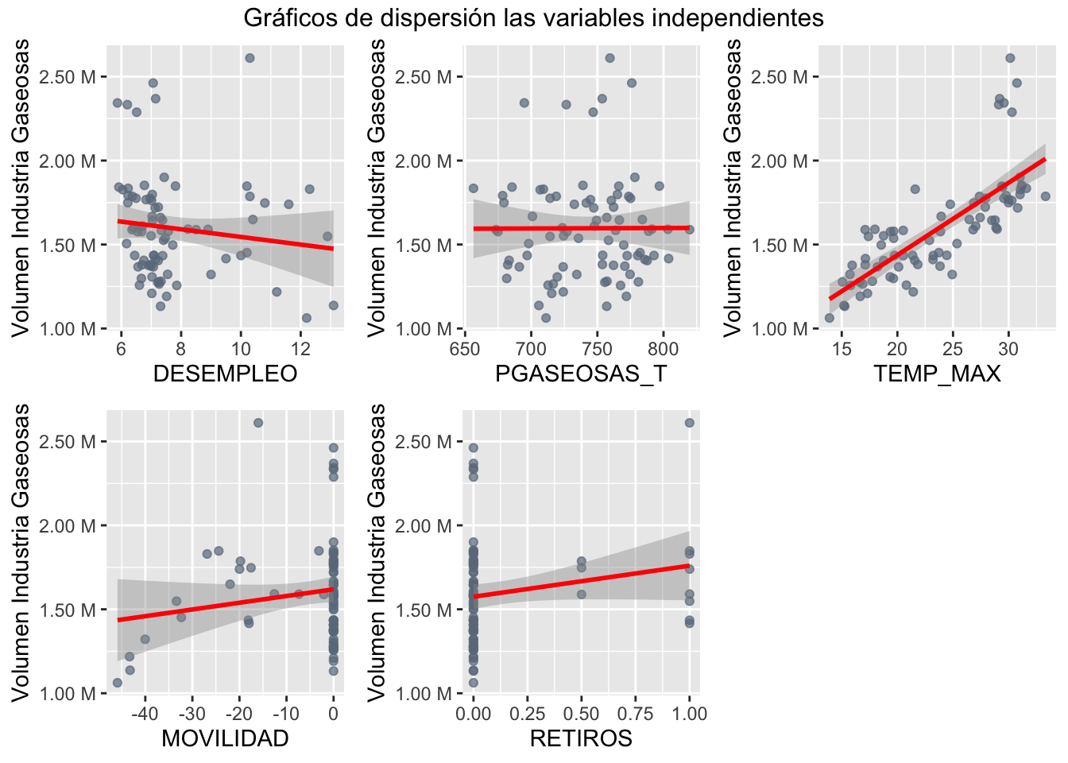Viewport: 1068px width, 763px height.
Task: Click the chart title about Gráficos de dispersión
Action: [x=533, y=17]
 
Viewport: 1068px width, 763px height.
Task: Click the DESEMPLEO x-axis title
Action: [x=225, y=374]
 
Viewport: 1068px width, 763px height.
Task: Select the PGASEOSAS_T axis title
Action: [x=581, y=374]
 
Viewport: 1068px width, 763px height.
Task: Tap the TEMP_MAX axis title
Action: [x=937, y=374]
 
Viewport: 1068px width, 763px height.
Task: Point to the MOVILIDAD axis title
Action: [x=225, y=738]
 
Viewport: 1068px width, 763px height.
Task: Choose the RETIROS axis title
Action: [x=581, y=738]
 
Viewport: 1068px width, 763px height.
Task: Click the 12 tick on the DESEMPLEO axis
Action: [x=300, y=349]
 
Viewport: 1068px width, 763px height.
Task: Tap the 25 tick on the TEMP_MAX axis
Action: [x=953, y=349]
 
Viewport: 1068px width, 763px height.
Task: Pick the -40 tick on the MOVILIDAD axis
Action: [x=145, y=714]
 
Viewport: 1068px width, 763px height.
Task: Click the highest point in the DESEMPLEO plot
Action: [x=250, y=58]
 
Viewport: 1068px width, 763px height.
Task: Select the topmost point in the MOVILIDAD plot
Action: [x=258, y=423]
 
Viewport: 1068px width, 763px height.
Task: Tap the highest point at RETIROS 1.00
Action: [x=689, y=423]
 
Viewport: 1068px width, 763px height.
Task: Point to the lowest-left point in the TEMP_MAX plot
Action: [x=830, y=318]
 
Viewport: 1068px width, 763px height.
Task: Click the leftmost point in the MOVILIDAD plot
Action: [x=118, y=683]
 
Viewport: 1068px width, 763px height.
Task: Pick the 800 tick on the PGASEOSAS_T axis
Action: [x=664, y=349]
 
